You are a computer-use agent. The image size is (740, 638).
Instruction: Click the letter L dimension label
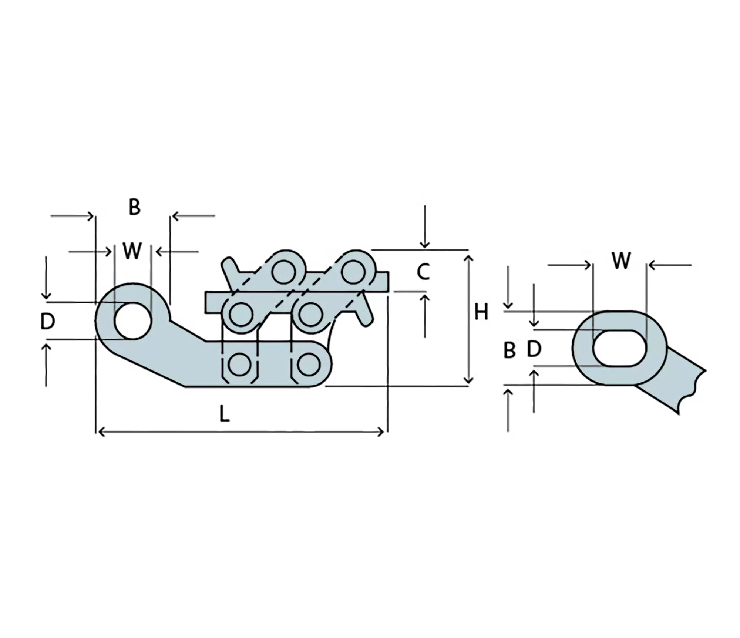pyautogui.click(x=224, y=414)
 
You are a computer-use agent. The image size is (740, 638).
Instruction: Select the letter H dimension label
pyautogui.click(x=481, y=312)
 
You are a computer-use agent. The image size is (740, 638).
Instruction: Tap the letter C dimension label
pyautogui.click(x=423, y=272)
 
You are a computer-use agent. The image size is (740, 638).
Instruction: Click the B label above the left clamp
pyautogui.click(x=135, y=207)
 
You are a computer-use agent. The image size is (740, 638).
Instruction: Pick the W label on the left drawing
pyautogui.click(x=132, y=251)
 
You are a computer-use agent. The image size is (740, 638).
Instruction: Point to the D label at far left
pyautogui.click(x=48, y=321)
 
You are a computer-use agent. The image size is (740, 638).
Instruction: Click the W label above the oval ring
pyautogui.click(x=621, y=261)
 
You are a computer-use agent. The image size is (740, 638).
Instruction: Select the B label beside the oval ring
pyautogui.click(x=509, y=350)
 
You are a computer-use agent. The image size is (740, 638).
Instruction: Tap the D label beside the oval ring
pyautogui.click(x=534, y=349)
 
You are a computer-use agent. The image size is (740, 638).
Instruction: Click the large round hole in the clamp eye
pyautogui.click(x=133, y=321)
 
